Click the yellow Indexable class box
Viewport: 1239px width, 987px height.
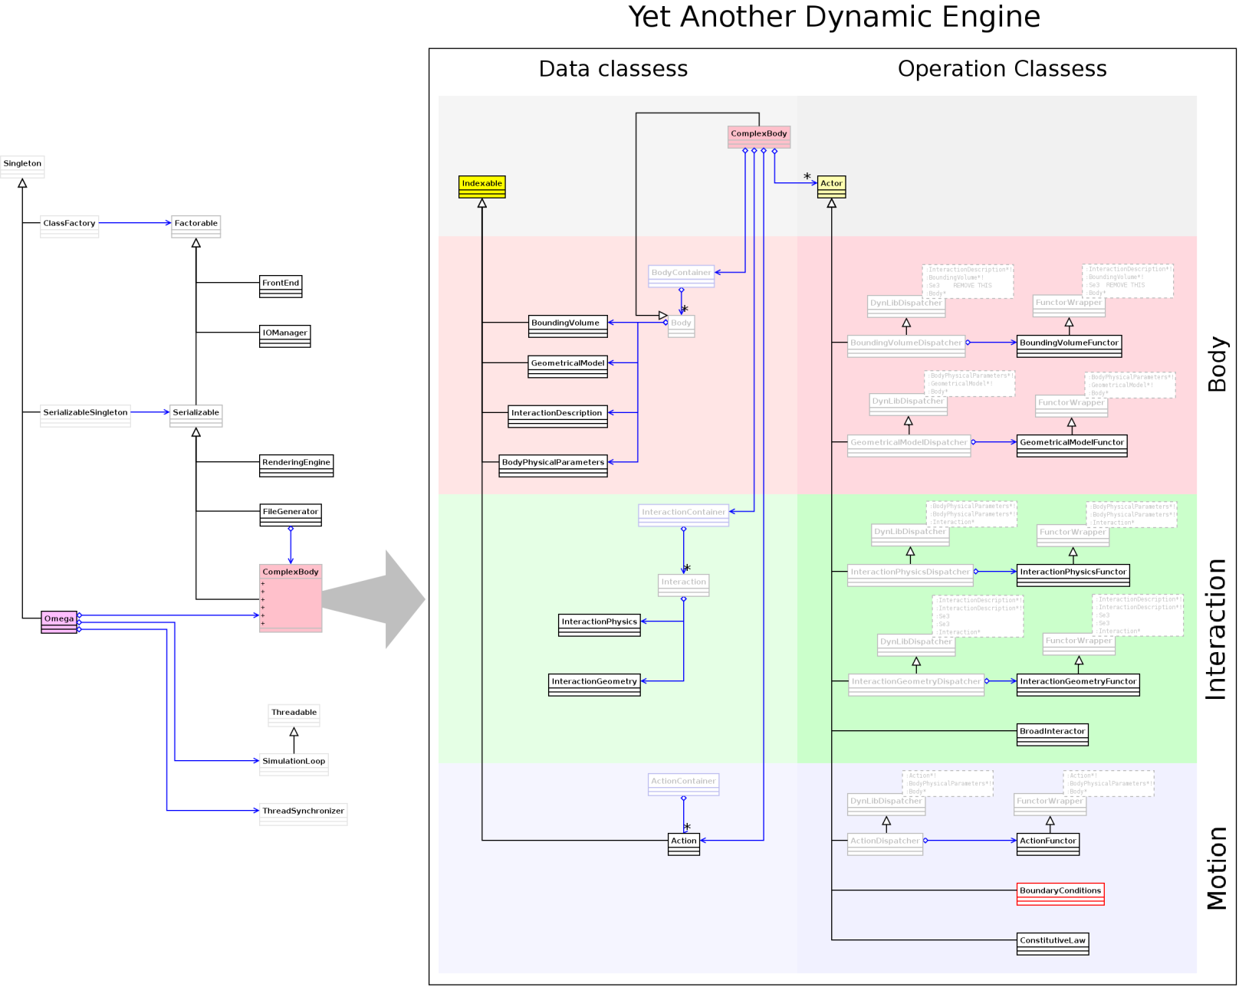pyautogui.click(x=481, y=186)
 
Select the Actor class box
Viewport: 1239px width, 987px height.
pyautogui.click(x=831, y=186)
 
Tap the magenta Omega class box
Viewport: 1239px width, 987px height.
pyautogui.click(x=59, y=621)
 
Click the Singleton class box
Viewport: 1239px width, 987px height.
pyautogui.click(x=22, y=166)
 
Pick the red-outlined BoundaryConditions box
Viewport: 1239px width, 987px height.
pyautogui.click(x=1060, y=894)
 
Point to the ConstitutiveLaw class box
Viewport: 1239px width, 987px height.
pyautogui.click(x=1052, y=943)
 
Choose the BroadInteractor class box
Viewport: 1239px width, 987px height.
pyautogui.click(x=1052, y=734)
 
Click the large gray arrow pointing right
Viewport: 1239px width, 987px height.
pyautogui.click(x=380, y=599)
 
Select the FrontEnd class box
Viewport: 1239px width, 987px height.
pyautogui.click(x=281, y=286)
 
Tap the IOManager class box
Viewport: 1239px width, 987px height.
pyautogui.click(x=284, y=336)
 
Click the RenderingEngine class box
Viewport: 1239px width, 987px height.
pyautogui.click(x=296, y=465)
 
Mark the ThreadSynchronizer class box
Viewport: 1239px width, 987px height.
pyautogui.click(x=303, y=814)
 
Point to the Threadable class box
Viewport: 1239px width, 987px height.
pyautogui.click(x=294, y=715)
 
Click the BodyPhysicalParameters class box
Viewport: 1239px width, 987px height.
pyautogui.click(x=553, y=465)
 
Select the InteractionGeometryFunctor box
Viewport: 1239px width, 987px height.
pyautogui.click(x=1077, y=684)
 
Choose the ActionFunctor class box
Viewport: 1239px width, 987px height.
pyautogui.click(x=1047, y=844)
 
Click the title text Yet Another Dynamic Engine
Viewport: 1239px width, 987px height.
pyautogui.click(x=833, y=17)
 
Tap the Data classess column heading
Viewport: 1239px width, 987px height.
pyautogui.click(x=613, y=69)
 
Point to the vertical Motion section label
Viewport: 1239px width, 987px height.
pyautogui.click(x=1217, y=868)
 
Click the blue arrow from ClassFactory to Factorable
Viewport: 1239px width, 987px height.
pyautogui.click(x=135, y=223)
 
